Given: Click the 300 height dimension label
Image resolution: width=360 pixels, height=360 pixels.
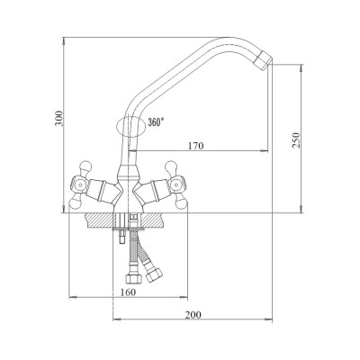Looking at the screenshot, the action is point(59,118).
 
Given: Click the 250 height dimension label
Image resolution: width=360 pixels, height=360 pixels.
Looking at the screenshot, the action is point(296,139).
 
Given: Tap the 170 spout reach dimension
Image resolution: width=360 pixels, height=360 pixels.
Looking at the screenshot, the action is point(195,146).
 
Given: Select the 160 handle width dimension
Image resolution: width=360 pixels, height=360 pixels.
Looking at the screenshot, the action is point(128,292).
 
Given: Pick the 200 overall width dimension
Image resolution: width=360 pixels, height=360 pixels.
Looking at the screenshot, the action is point(193,315).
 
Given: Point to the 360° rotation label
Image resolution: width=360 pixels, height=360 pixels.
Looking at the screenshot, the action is point(156,122).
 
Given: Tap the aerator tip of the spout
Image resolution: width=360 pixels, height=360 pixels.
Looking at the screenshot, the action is point(264,61).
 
